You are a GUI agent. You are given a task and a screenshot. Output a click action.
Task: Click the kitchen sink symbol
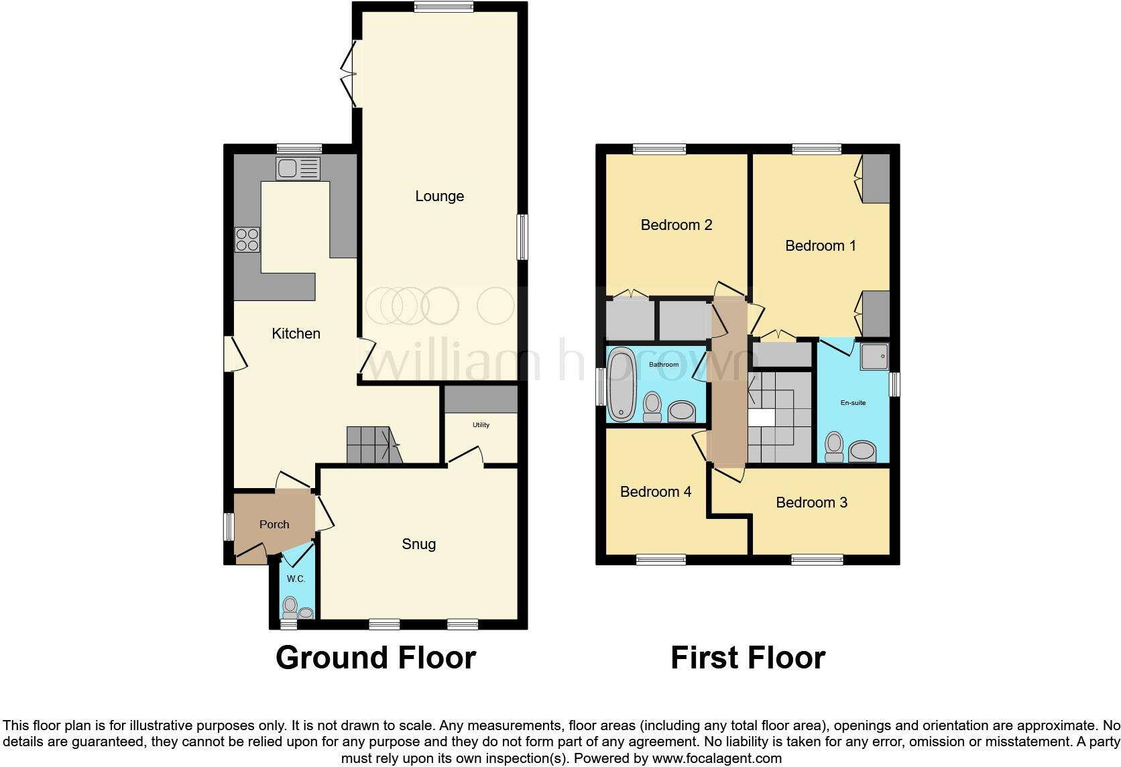298,168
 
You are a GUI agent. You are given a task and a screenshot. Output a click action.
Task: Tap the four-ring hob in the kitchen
247,239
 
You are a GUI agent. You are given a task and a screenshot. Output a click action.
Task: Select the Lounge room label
439,196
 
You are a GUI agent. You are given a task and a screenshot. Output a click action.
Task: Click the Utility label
481,425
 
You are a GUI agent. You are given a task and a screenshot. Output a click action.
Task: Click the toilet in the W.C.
290,607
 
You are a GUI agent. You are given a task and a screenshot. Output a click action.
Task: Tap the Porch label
274,524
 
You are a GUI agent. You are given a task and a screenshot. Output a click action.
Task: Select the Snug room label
418,544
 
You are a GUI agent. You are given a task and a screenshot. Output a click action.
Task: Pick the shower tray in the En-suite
874,357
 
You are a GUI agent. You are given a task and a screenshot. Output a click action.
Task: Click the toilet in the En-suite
834,447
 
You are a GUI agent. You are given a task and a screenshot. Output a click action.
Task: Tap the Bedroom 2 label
676,225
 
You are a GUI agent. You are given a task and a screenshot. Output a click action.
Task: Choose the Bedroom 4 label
655,492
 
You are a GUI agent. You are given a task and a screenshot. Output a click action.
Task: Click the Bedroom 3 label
811,502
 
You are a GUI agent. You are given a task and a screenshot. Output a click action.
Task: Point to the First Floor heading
748,658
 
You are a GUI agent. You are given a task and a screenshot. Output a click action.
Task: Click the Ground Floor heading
375,658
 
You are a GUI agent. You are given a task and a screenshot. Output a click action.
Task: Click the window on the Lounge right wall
522,237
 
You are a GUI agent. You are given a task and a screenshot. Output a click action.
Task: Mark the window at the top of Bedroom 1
816,150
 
